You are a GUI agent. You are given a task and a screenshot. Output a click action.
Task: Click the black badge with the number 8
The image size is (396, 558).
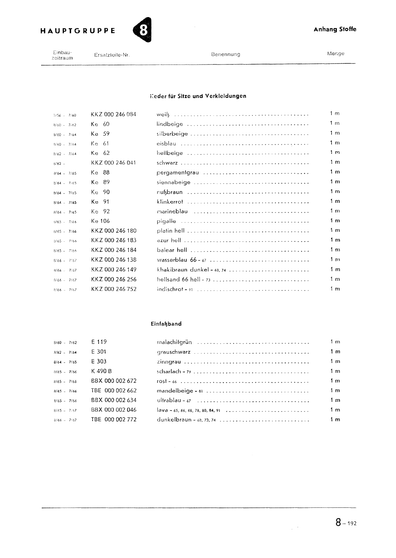point(143,30)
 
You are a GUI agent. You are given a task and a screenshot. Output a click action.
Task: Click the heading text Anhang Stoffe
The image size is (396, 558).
point(335,29)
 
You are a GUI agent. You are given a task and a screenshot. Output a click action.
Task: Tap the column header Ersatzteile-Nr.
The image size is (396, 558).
point(112,55)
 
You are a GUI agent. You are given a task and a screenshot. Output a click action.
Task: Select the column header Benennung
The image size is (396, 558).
point(225,54)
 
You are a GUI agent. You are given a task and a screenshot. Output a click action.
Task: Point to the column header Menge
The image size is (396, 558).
point(335,54)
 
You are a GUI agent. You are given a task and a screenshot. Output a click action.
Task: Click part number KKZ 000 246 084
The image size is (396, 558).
point(113,114)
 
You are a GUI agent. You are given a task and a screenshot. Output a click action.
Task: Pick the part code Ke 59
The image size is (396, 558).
point(100,134)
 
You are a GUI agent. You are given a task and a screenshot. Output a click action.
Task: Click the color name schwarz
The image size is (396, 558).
point(167,163)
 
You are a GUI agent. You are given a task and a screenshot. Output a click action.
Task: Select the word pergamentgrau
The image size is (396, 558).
point(178,173)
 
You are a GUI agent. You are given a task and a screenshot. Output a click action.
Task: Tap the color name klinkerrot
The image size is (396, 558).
point(170,202)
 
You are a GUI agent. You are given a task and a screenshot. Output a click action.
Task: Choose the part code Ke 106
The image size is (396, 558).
point(100,221)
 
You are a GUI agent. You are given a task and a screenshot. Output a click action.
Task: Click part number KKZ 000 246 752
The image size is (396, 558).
point(114,289)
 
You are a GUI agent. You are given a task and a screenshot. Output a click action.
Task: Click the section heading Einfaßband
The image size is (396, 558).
point(166,324)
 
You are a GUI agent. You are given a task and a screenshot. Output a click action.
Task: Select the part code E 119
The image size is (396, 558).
point(99,342)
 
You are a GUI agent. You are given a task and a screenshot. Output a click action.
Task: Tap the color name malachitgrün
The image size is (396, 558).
point(174,342)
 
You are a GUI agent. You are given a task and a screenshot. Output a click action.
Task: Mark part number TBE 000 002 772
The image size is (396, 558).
point(114,420)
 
